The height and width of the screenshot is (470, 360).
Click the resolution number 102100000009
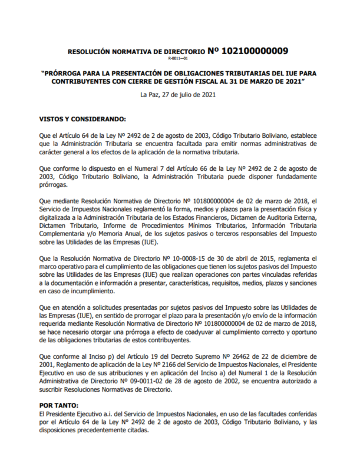255,51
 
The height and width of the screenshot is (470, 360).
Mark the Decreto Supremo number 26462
240,357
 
